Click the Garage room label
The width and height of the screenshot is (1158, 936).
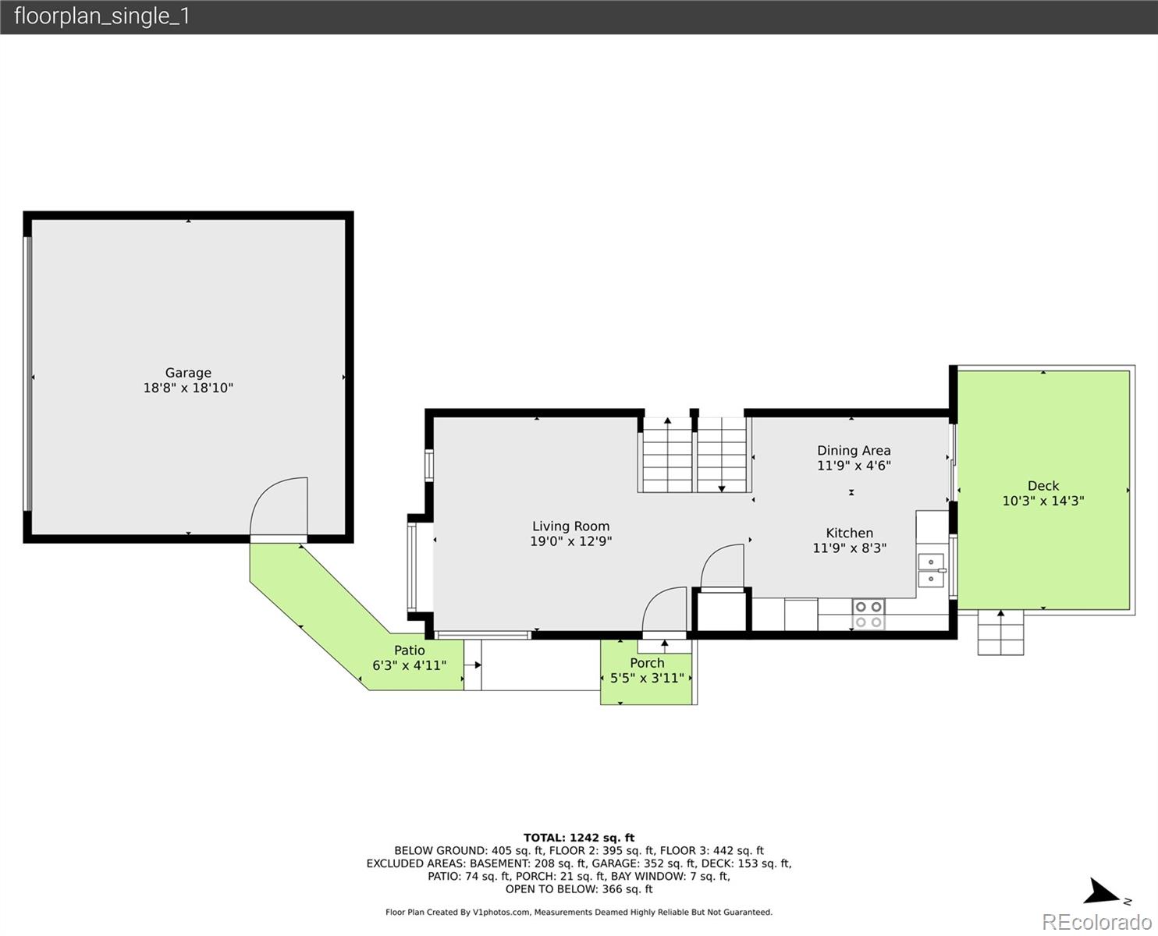pyautogui.click(x=188, y=373)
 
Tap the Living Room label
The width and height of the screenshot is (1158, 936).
pyautogui.click(x=571, y=526)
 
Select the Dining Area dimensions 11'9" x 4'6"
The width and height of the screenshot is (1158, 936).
pyautogui.click(x=854, y=466)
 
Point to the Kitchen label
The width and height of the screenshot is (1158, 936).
pyautogui.click(x=849, y=533)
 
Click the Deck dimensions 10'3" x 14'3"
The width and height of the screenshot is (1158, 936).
pyautogui.click(x=1043, y=501)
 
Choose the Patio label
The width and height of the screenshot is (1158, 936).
pyautogui.click(x=410, y=651)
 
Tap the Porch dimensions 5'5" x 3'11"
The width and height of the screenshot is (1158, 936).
pyautogui.click(x=647, y=678)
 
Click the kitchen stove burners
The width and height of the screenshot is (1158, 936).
pyautogui.click(x=868, y=615)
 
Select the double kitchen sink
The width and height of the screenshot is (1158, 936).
pyautogui.click(x=931, y=570)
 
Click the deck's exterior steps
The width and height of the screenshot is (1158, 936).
pyautogui.click(x=1000, y=633)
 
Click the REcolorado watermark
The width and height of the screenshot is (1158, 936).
pyautogui.click(x=1096, y=922)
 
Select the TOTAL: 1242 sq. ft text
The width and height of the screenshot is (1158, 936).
pyautogui.click(x=579, y=838)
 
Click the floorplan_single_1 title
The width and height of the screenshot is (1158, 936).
pyautogui.click(x=102, y=16)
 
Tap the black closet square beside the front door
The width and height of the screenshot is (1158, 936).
pyautogui.click(x=722, y=612)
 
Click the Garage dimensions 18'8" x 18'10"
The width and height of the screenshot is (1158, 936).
pyautogui.click(x=188, y=388)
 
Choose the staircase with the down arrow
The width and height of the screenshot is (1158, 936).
pyautogui.click(x=722, y=455)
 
